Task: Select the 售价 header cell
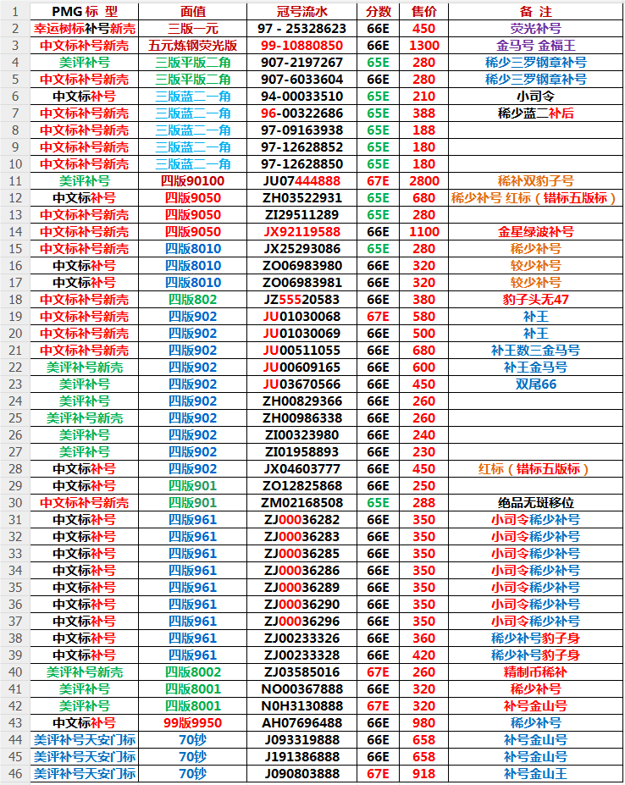tap(423, 11)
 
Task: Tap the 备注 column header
tap(535, 11)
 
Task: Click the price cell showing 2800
tap(423, 180)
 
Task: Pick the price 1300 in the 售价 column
tap(423, 45)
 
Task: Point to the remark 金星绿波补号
tap(535, 231)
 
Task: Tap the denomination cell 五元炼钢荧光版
tap(192, 45)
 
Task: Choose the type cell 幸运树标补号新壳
tap(84, 28)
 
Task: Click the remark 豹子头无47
tap(535, 299)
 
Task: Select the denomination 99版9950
tap(192, 722)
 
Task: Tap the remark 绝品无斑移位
tap(535, 502)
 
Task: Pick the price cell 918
tap(423, 773)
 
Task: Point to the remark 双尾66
tap(535, 384)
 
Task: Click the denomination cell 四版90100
tap(192, 180)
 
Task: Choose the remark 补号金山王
tap(535, 773)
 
